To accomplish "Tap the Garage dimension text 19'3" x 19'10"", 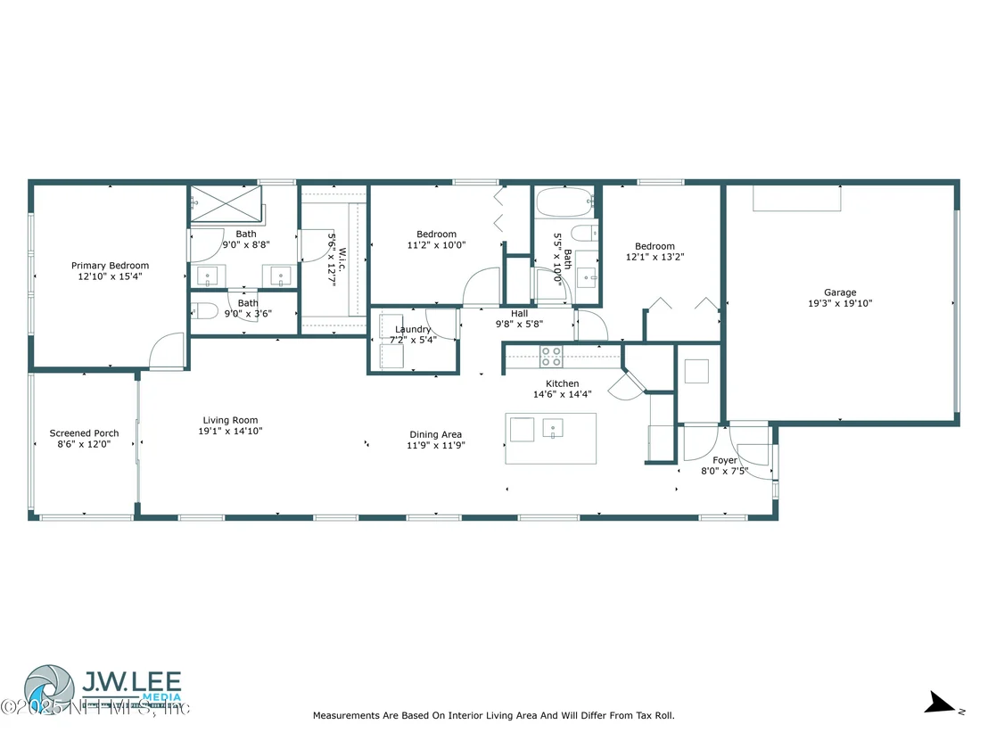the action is point(840,304).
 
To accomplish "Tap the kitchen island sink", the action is point(553,429).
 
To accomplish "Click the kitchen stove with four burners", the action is point(551,357).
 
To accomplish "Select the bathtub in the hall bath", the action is point(564,202).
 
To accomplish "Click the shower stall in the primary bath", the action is point(226,203).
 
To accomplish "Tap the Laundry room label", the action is point(413,330).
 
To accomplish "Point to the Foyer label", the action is point(725,461).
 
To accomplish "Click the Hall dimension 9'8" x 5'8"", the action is point(519,325).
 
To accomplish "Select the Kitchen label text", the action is point(562,383).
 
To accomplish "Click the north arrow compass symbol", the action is point(943,704).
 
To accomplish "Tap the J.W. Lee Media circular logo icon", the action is point(49,689).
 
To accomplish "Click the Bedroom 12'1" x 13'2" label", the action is point(655,251).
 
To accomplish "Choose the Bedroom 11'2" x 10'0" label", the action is point(436,240).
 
